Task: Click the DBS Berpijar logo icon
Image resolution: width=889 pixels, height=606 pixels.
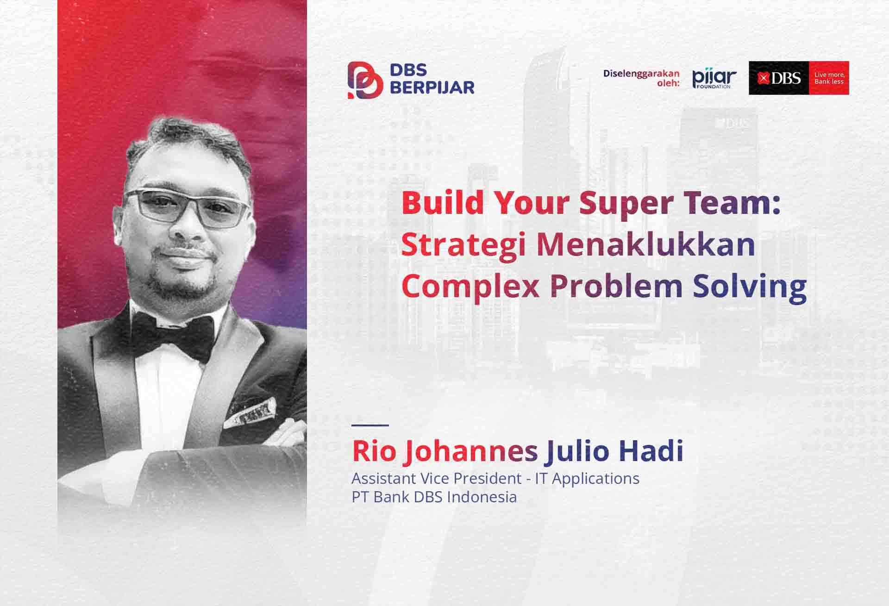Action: point(365,80)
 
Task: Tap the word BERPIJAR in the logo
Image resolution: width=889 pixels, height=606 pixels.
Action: point(432,87)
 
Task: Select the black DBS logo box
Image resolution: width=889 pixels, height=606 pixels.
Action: point(779,78)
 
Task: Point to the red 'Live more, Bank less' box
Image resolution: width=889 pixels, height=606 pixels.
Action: point(829,78)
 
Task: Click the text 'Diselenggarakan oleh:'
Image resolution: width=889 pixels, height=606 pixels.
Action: point(641,78)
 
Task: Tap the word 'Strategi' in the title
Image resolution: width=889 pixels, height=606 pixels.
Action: point(463,246)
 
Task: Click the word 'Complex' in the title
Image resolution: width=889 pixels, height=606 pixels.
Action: point(470,287)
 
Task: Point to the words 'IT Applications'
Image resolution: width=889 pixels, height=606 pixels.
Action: point(587,479)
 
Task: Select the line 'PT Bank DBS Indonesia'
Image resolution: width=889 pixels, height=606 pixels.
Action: point(434,497)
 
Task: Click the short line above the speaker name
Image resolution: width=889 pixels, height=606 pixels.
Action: point(370,425)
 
